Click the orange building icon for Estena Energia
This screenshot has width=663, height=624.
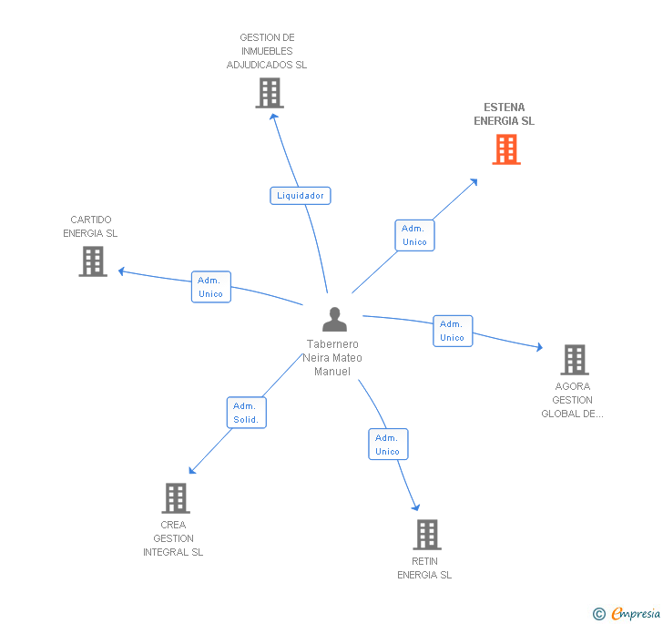(x=506, y=149)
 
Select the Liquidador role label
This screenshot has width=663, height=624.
(x=301, y=196)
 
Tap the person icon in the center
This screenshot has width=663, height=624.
(x=334, y=320)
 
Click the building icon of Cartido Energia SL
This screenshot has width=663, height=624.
(x=93, y=261)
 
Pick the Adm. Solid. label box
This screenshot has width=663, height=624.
(x=247, y=413)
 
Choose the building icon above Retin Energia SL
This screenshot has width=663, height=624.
(x=427, y=535)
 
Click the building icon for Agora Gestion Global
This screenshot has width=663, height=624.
(x=575, y=360)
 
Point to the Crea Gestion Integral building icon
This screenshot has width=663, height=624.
(x=176, y=498)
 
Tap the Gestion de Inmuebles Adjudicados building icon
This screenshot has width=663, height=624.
(x=270, y=93)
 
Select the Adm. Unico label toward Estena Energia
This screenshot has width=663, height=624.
(x=414, y=235)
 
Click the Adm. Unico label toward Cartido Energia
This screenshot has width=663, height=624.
(x=211, y=287)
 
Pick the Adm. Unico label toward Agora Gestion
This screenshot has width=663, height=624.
(x=453, y=331)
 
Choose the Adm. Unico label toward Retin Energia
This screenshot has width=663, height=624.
(x=388, y=445)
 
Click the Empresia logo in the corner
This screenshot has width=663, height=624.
(x=627, y=613)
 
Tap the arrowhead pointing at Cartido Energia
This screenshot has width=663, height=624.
(x=121, y=271)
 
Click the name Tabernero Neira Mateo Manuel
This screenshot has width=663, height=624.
(x=332, y=357)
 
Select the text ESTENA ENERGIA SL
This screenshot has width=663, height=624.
(x=504, y=114)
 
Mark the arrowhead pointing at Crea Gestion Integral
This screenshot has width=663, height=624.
(x=192, y=470)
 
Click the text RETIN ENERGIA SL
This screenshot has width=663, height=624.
(x=424, y=568)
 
